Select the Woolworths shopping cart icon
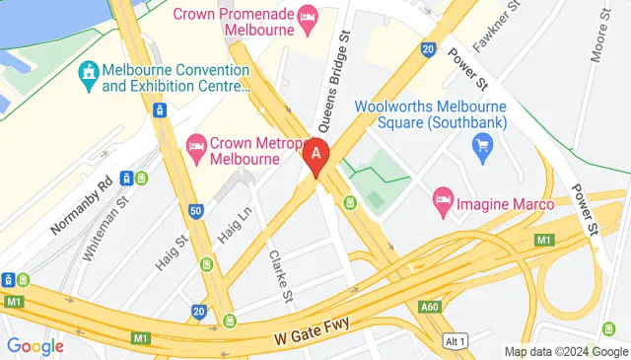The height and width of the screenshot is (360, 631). (482, 149)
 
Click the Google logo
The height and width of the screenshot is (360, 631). (35, 346)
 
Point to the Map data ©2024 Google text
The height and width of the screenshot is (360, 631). (565, 352)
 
